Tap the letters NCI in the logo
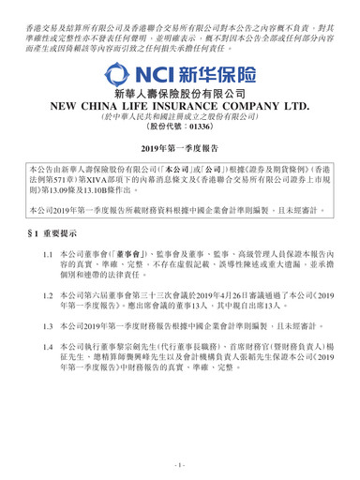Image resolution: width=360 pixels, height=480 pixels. coord(157,72)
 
